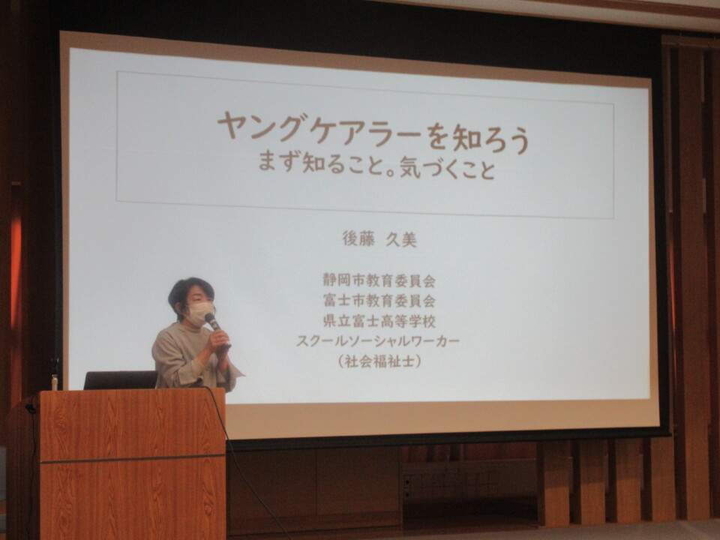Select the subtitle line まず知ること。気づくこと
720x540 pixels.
pyautogui.click(x=377, y=166)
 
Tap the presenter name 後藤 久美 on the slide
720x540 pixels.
pyautogui.click(x=379, y=239)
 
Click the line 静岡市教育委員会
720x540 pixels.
pyautogui.click(x=379, y=280)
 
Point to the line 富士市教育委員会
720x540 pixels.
pyautogui.click(x=379, y=301)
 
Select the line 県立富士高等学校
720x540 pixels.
pyautogui.click(x=379, y=321)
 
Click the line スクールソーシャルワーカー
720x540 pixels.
pyautogui.click(x=377, y=341)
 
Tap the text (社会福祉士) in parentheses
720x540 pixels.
pyautogui.click(x=379, y=361)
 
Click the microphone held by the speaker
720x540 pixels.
pyautogui.click(x=216, y=327)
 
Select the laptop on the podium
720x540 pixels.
pyautogui.click(x=120, y=380)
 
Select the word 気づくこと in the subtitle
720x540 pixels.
pyautogui.click(x=448, y=167)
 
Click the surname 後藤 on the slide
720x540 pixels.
pyautogui.click(x=358, y=238)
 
